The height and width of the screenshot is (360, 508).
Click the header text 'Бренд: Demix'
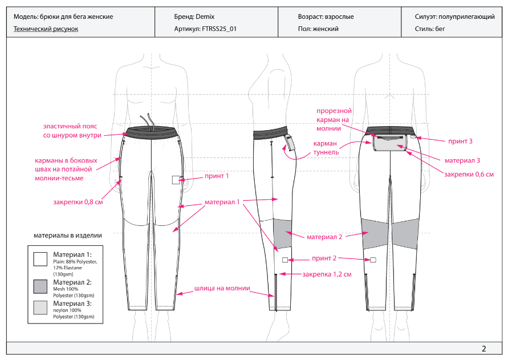pyautogui.click(x=194, y=17)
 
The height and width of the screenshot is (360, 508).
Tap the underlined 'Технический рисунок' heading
pyautogui.click(x=46, y=29)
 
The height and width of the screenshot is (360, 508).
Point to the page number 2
pyautogui.click(x=483, y=349)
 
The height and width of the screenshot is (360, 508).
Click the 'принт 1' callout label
pyautogui.click(x=217, y=176)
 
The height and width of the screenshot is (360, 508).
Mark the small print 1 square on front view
pyautogui.click(x=176, y=180)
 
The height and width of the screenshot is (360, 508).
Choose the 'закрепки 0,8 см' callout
pyautogui.click(x=78, y=201)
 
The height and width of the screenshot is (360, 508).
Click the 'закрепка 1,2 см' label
pyautogui.click(x=327, y=274)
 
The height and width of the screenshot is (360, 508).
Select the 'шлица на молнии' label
pyautogui.click(x=222, y=288)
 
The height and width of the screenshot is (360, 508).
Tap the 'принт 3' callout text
pyautogui.click(x=460, y=140)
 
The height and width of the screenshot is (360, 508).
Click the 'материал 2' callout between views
pyautogui.click(x=324, y=237)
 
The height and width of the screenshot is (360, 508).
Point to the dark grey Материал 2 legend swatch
pyautogui.click(x=40, y=286)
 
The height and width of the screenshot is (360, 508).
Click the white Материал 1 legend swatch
pyautogui.click(x=40, y=259)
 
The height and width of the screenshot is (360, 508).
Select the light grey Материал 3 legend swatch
pyautogui.click(x=40, y=308)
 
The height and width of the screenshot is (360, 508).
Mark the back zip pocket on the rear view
pyautogui.click(x=389, y=143)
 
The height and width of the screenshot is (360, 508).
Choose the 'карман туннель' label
pyautogui.click(x=325, y=148)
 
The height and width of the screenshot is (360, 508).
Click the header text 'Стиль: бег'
pyautogui.click(x=434, y=29)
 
